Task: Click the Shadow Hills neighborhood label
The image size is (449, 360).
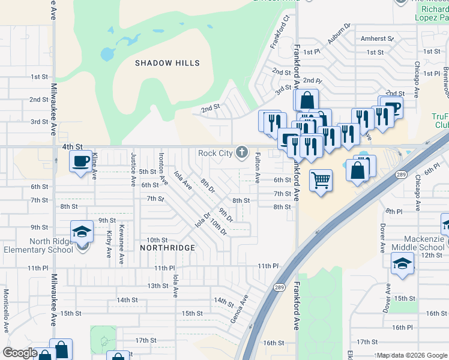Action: tap(167, 63)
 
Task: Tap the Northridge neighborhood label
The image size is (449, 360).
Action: tap(167, 248)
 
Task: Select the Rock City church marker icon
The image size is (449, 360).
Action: tap(242, 152)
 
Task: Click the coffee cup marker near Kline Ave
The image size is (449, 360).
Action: tap(80, 161)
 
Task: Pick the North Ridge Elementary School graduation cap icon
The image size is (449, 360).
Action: tap(82, 232)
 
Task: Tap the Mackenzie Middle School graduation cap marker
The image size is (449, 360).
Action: tap(402, 262)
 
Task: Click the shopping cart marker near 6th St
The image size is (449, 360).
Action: tap(321, 179)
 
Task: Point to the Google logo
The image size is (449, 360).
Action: tap(20, 353)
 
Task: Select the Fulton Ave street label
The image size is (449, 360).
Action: tap(258, 167)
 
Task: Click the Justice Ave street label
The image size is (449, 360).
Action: tap(133, 169)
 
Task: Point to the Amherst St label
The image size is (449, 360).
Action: tap(377, 38)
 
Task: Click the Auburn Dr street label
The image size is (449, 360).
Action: tap(339, 35)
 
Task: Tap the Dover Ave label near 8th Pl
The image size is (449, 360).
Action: tap(382, 238)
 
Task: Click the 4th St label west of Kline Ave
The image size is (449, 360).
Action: tap(71, 146)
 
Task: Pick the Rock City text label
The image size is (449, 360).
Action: tap(215, 153)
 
